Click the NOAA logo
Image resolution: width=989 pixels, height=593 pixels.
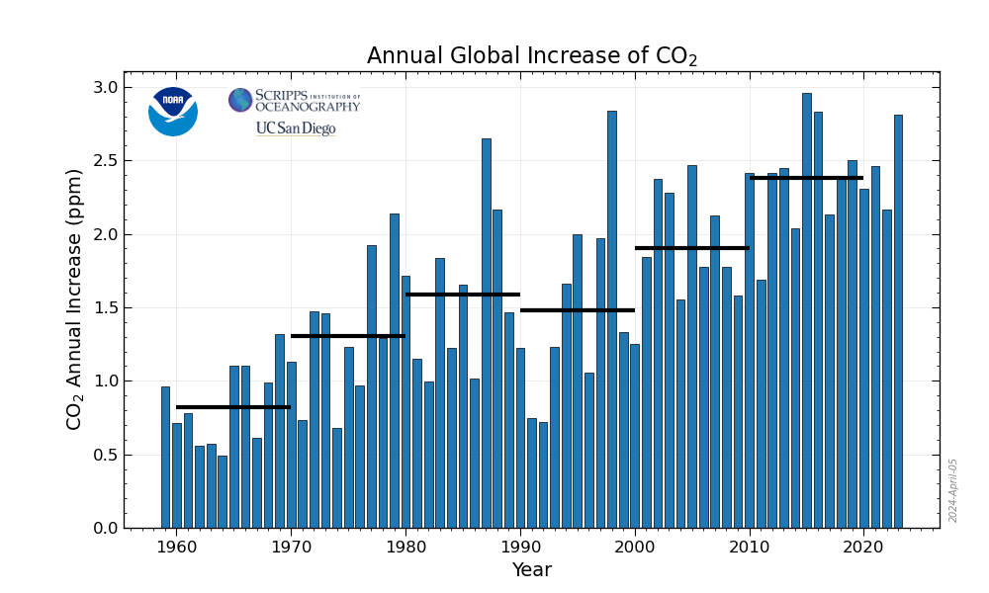pyautogui.click(x=173, y=111)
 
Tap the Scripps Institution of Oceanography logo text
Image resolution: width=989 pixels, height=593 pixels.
pyautogui.click(x=295, y=101)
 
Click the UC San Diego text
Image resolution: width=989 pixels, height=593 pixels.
pyautogui.click(x=296, y=128)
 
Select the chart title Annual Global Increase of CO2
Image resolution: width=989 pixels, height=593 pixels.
pyautogui.click(x=532, y=56)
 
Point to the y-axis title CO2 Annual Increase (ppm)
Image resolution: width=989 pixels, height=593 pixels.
pyautogui.click(x=75, y=299)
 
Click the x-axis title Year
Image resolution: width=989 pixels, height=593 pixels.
pyautogui.click(x=531, y=570)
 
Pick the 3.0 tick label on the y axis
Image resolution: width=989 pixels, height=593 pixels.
pyautogui.click(x=105, y=88)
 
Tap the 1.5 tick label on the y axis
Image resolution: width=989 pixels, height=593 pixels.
pyautogui.click(x=105, y=308)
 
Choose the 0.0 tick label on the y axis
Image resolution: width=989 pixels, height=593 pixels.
pyautogui.click(x=105, y=529)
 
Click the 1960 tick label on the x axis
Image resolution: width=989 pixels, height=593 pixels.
pyautogui.click(x=176, y=547)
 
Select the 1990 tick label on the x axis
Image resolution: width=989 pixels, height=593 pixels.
pyautogui.click(x=520, y=547)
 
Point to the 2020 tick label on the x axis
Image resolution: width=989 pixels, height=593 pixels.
pyautogui.click(x=863, y=547)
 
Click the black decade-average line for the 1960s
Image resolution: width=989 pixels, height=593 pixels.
pyautogui.click(x=233, y=407)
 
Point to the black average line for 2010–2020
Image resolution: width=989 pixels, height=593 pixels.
pyautogui.click(x=806, y=178)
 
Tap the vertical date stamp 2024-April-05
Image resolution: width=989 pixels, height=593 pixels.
pyautogui.click(x=953, y=490)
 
